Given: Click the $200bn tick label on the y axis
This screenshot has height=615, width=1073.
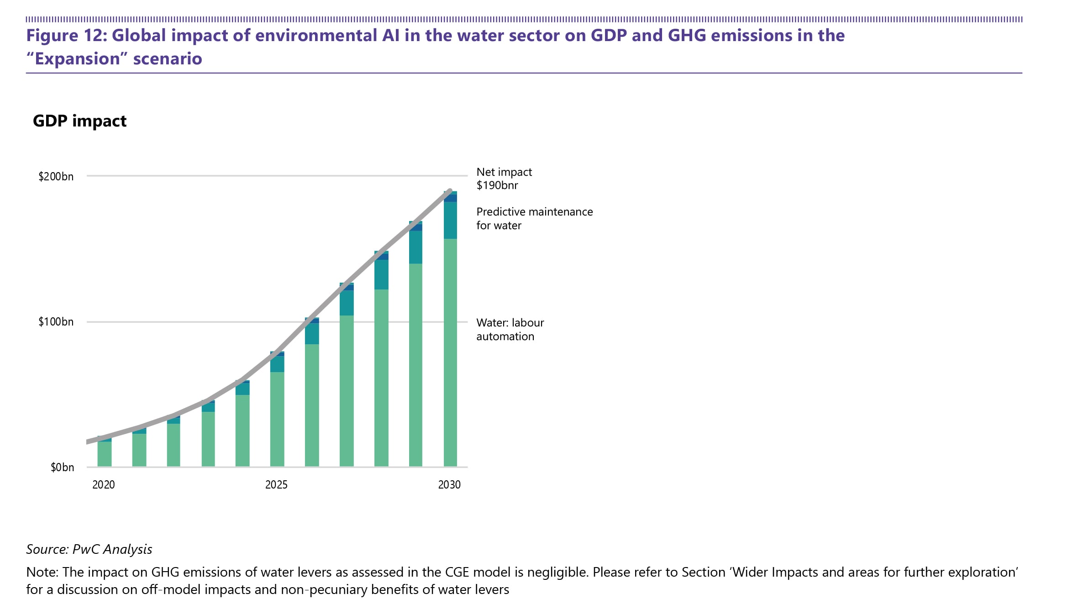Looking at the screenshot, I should [56, 177].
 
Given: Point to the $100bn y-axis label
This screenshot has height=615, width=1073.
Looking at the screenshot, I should [56, 322].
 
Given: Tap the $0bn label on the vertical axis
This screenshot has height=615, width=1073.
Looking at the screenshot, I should [62, 468].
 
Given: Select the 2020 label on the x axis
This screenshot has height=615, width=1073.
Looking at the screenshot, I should [104, 485].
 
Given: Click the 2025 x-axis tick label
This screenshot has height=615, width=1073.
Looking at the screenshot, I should [276, 485].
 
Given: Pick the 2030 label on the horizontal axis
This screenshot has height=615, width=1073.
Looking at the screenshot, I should [449, 485].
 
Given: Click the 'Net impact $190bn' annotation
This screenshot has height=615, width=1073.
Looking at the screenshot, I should [504, 179].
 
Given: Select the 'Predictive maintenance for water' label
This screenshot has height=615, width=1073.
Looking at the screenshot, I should [534, 219].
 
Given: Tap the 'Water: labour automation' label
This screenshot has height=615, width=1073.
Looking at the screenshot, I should [510, 330].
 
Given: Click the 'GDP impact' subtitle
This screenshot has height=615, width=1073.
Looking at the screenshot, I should [79, 121].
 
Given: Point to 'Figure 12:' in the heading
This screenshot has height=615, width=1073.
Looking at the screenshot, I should [66, 36].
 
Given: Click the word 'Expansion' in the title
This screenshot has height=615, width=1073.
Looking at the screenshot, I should [78, 59].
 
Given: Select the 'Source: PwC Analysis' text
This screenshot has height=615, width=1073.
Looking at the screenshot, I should [89, 549].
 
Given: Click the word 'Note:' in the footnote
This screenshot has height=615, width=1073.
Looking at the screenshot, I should [42, 573].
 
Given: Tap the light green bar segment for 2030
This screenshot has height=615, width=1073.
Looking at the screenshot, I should [450, 352].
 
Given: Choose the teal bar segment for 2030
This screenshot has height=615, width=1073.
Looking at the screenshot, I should [450, 220].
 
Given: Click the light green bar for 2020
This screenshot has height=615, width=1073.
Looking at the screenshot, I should [105, 454].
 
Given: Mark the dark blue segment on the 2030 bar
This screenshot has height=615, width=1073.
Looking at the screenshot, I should [450, 198].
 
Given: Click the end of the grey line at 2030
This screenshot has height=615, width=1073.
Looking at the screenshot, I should [450, 191].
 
